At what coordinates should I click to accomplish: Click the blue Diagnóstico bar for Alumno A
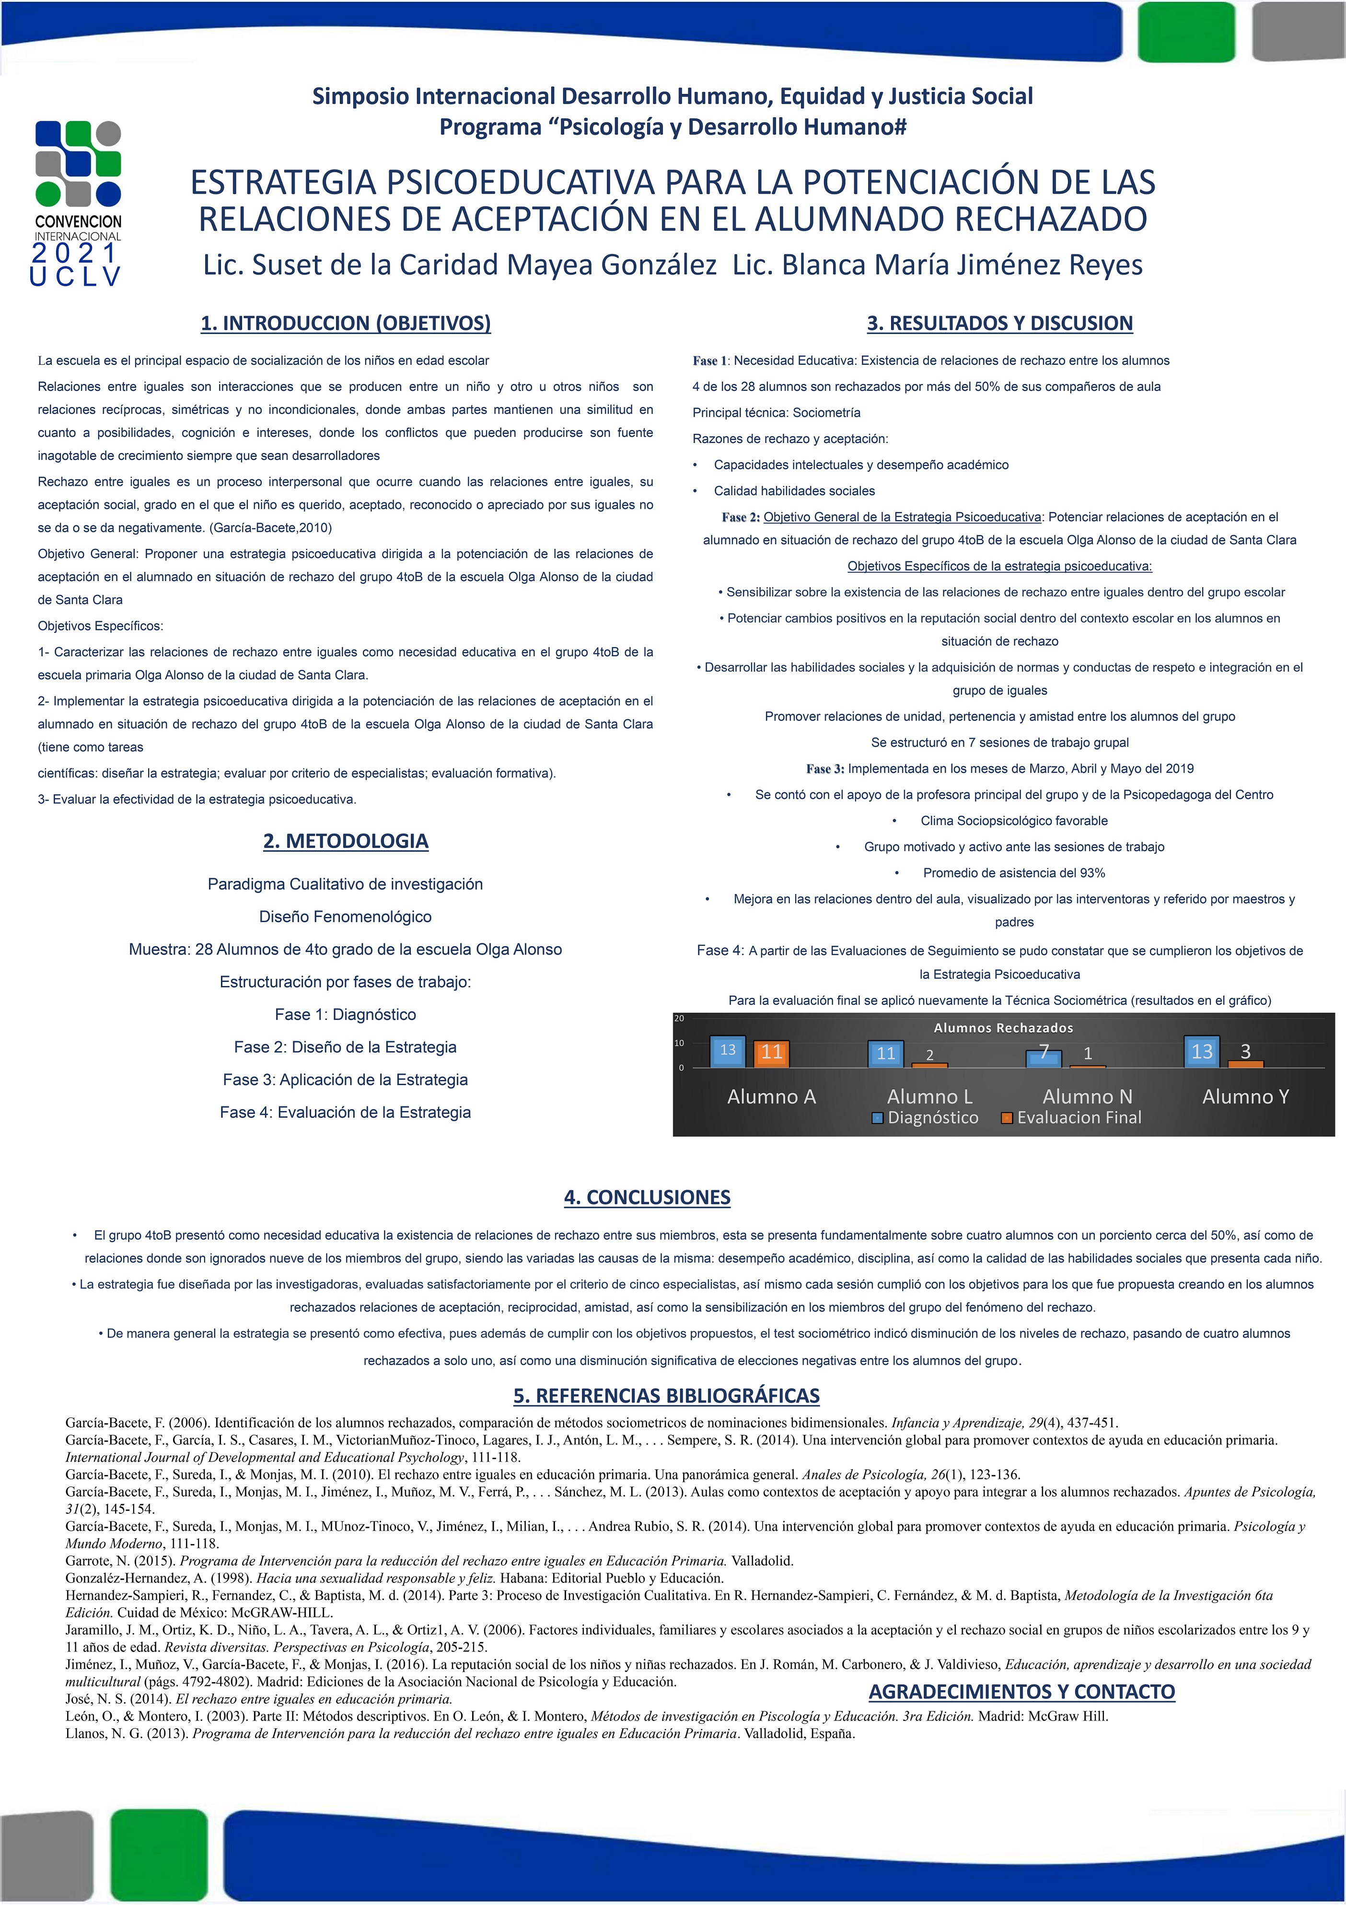pos(728,1051)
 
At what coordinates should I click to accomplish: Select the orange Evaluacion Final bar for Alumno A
pos(772,1053)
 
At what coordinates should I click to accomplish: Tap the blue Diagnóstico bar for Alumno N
pos(1044,1058)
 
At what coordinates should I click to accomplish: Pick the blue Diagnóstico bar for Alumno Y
pos(1202,1051)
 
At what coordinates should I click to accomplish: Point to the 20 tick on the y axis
pos(679,1018)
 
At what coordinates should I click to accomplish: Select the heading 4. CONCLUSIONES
pos(647,1197)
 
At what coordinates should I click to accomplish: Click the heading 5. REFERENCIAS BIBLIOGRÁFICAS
pos(666,1395)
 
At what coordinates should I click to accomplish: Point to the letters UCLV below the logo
pos(76,276)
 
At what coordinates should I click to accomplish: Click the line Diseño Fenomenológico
pos(345,917)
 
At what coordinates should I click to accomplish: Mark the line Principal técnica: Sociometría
pos(777,412)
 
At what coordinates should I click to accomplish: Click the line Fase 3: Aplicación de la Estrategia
pos(345,1080)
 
